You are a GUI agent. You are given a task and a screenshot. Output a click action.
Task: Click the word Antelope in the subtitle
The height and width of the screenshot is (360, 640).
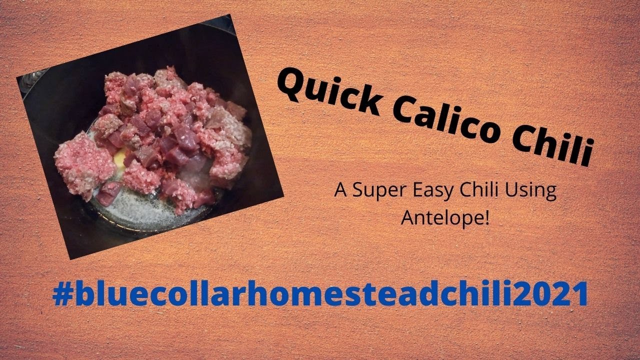[x=442, y=218]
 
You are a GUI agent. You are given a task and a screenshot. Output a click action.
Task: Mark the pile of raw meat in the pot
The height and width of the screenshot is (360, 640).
[x=155, y=135]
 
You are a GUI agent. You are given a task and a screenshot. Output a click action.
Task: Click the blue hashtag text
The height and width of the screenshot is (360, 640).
[x=320, y=295]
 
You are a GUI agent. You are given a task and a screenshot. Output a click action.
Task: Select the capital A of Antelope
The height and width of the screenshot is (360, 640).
[x=407, y=218]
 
